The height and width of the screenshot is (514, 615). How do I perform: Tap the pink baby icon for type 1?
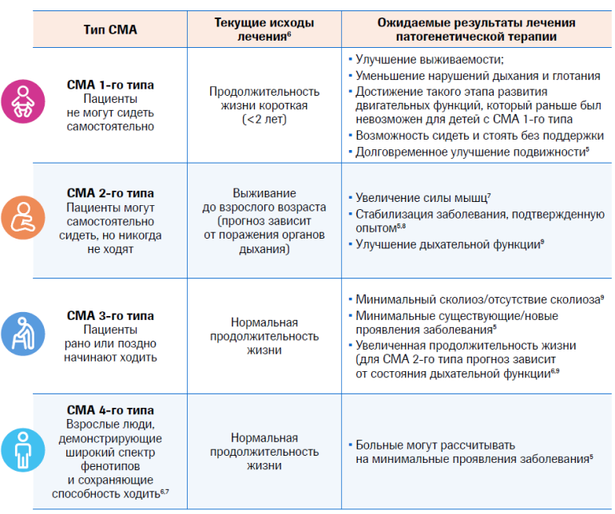click(x=17, y=103)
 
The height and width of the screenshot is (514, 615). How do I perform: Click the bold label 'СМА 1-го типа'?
click(x=110, y=85)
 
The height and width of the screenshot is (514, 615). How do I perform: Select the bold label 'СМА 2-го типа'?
click(x=110, y=193)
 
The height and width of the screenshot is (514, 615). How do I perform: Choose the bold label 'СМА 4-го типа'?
click(x=110, y=410)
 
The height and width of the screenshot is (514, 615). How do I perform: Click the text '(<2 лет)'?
click(x=264, y=119)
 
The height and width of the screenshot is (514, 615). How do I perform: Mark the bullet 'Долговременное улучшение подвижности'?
click(x=473, y=152)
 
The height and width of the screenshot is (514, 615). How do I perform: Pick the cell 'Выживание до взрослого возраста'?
click(x=264, y=200)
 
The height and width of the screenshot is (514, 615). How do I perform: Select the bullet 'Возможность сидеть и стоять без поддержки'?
click(x=479, y=136)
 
